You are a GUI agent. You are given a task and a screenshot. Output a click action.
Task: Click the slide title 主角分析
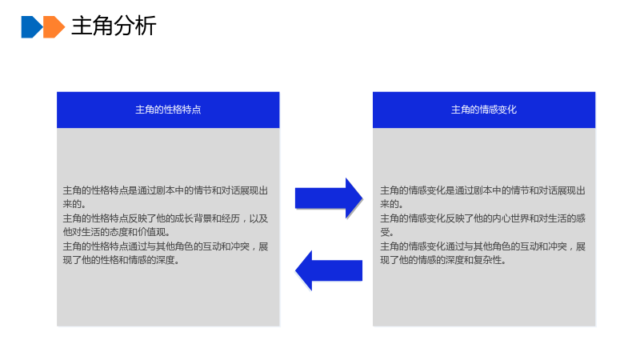(x=114, y=26)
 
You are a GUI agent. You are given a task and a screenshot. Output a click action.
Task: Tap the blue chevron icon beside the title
(x=32, y=27)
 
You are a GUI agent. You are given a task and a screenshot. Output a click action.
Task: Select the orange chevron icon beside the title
(x=54, y=27)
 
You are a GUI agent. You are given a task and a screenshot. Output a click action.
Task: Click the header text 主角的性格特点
(x=168, y=110)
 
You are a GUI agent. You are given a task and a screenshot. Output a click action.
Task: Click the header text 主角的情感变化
(x=484, y=110)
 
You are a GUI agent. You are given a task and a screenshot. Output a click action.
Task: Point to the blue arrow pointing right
(x=329, y=198)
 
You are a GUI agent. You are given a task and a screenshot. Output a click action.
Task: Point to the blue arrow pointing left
(x=329, y=270)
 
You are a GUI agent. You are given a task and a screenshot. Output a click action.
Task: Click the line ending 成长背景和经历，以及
(x=166, y=218)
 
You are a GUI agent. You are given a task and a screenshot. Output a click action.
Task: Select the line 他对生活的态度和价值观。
(x=117, y=232)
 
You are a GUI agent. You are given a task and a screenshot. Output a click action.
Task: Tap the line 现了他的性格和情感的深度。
(x=122, y=259)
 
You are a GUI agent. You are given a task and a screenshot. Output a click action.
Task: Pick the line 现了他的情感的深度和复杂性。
(x=443, y=259)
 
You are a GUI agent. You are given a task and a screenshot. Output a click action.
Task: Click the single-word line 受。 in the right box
(x=387, y=232)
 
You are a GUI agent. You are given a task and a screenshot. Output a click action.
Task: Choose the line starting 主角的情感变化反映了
(x=483, y=218)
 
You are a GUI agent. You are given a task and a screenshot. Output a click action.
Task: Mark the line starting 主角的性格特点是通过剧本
(x=166, y=190)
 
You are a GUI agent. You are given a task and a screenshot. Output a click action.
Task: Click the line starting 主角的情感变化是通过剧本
(x=483, y=190)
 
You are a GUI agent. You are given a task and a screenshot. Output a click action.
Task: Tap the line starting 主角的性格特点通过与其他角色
(x=166, y=246)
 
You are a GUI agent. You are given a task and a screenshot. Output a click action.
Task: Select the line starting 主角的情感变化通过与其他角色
(x=483, y=246)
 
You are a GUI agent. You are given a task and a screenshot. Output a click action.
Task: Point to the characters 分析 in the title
(x=135, y=26)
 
